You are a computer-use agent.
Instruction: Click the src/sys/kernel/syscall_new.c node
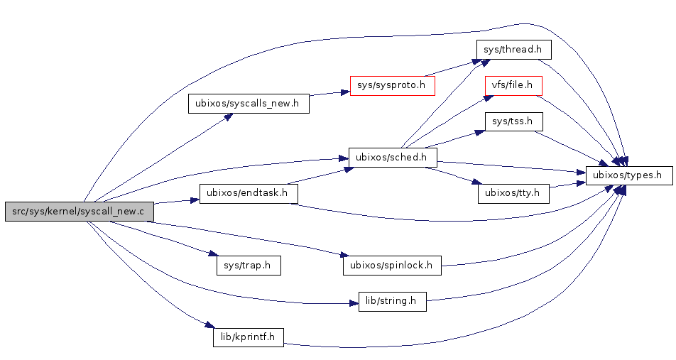79,212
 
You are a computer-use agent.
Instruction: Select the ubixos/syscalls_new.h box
249,104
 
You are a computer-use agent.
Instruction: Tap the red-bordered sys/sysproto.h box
392,86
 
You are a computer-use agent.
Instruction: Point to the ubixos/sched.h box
392,157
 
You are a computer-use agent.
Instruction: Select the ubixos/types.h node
629,175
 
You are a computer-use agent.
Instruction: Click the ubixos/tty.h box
513,193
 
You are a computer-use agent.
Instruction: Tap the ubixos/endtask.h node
248,193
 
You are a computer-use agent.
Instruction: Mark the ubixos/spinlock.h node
392,266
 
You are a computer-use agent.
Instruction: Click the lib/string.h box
392,301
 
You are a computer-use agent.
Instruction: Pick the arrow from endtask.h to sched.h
320,175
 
